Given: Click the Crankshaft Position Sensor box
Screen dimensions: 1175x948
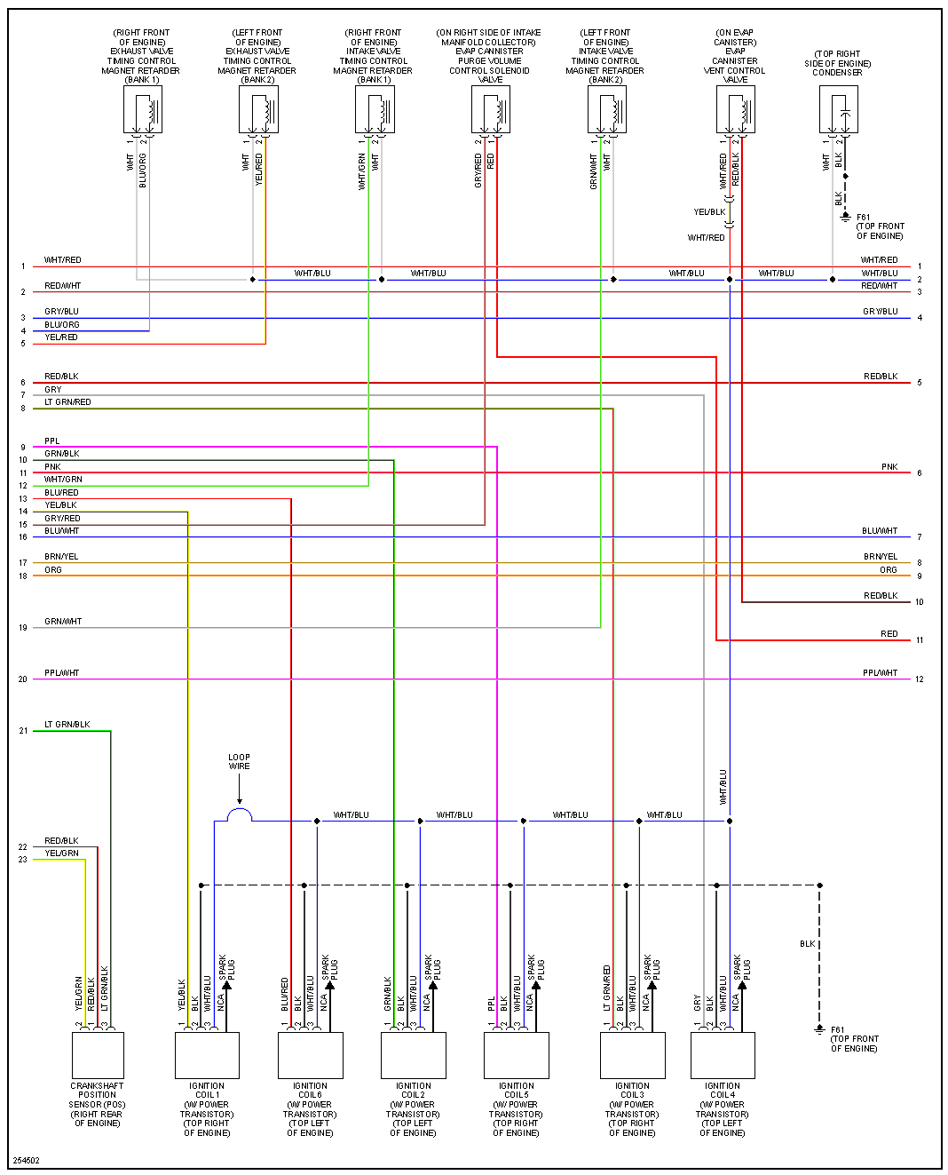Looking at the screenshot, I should tap(98, 1054).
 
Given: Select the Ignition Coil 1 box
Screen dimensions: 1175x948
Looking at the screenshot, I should tap(207, 1054).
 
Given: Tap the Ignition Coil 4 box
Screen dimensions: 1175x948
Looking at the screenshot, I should tap(723, 1054).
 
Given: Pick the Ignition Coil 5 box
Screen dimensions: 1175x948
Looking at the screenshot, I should tap(517, 1054).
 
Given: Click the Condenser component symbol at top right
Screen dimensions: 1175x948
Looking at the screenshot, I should tap(839, 110).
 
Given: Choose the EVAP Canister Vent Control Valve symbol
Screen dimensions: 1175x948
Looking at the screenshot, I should tap(736, 110).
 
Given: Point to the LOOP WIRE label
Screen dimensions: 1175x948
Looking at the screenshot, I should tap(239, 762).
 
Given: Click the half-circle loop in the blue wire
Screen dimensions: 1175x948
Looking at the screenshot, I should tap(240, 815).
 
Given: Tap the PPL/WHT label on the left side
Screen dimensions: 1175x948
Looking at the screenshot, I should tap(62, 673).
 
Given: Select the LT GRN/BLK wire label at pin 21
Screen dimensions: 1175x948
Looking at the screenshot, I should tap(67, 725).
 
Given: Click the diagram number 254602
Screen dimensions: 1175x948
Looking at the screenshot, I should tap(27, 1160).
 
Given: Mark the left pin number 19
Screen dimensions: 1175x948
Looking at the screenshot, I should tap(23, 628).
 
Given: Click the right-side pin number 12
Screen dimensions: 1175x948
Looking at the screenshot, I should tap(920, 679).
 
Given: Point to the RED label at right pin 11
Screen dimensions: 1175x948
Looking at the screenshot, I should tap(889, 634).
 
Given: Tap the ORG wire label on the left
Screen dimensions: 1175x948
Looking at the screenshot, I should tap(53, 570).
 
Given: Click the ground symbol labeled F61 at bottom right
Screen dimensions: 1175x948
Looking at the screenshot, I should tap(819, 1029).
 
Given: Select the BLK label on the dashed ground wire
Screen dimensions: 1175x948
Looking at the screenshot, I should tap(807, 944).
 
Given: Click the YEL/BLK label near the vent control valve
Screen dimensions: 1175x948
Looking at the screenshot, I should tap(709, 212).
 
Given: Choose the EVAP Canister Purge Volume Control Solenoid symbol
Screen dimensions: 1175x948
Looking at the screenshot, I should tap(491, 110).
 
